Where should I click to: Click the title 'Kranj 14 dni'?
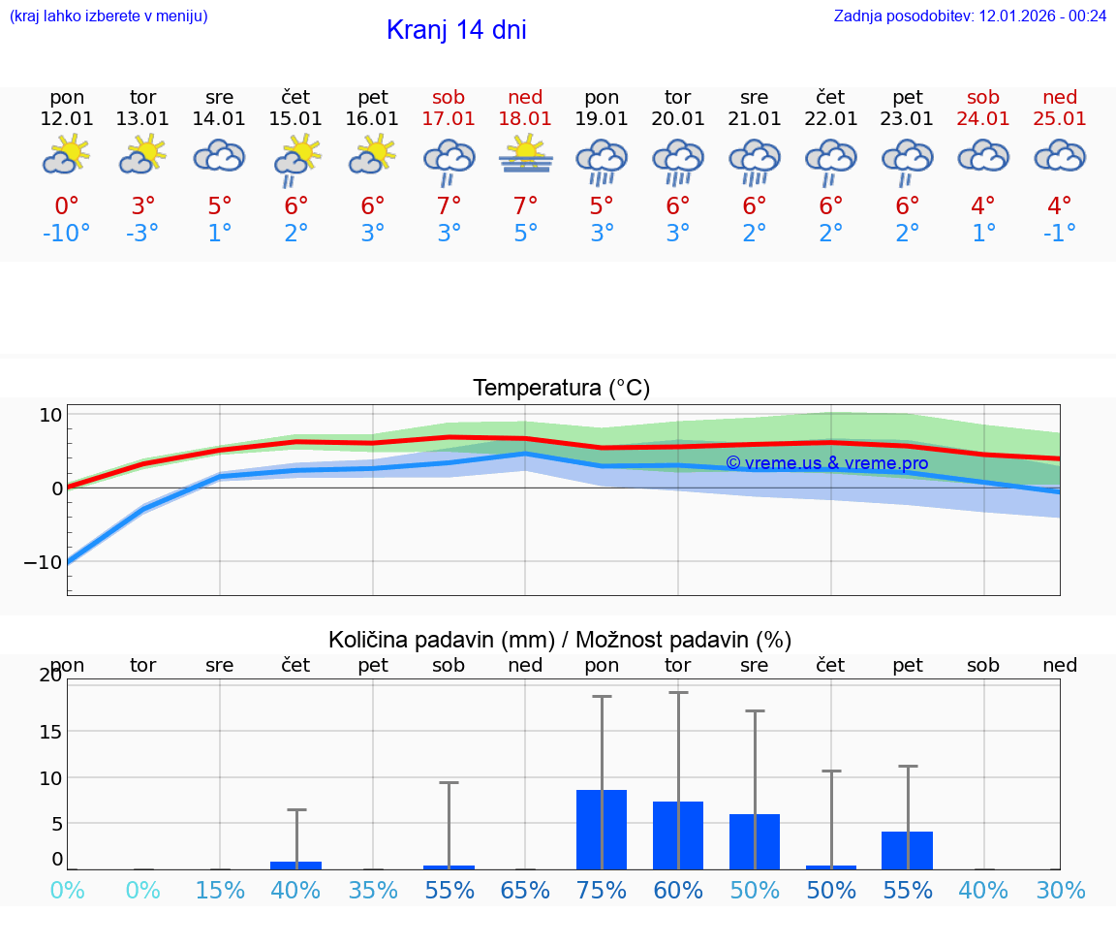(456, 30)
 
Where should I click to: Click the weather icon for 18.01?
(525, 156)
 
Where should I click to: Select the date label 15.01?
(295, 119)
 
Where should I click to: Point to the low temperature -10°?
(66, 234)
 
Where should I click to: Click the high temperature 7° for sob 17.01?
(449, 205)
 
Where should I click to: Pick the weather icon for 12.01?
(66, 156)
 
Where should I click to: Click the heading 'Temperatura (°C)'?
(561, 389)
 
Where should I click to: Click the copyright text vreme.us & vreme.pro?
(826, 463)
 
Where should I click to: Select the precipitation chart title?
(560, 640)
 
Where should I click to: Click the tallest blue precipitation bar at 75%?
(602, 830)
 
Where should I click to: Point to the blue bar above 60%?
(678, 835)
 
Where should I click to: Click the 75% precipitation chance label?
(602, 891)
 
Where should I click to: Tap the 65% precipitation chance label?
(525, 891)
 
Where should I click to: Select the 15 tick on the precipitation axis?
(50, 731)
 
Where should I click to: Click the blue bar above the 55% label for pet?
(908, 850)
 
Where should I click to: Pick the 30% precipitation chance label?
(1060, 891)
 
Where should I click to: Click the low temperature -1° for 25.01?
(1060, 234)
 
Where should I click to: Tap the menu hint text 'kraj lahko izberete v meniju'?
(108, 16)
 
